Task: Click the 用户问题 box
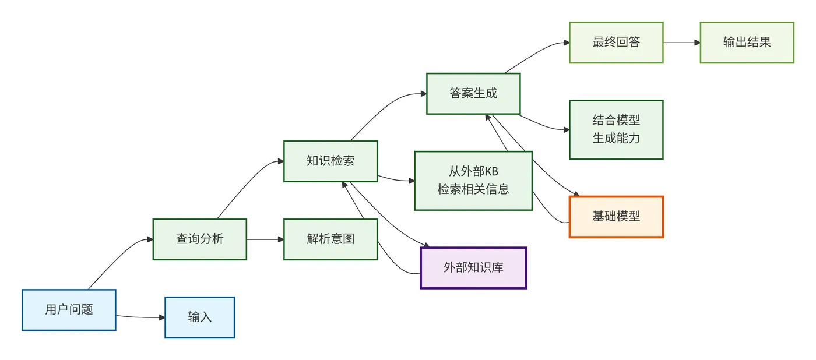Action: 69,310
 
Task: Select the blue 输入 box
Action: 199,317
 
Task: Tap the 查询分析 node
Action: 199,239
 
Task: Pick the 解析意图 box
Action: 330,239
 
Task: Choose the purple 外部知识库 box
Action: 473,268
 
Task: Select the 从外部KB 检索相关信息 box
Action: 473,181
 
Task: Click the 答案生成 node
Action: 473,93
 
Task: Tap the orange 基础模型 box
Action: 616,217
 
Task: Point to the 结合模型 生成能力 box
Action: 616,129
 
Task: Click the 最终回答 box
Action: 616,43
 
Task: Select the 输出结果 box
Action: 747,43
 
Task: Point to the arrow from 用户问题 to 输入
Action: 140,317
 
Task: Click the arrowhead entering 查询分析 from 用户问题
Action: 150,239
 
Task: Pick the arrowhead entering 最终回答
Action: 566,43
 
